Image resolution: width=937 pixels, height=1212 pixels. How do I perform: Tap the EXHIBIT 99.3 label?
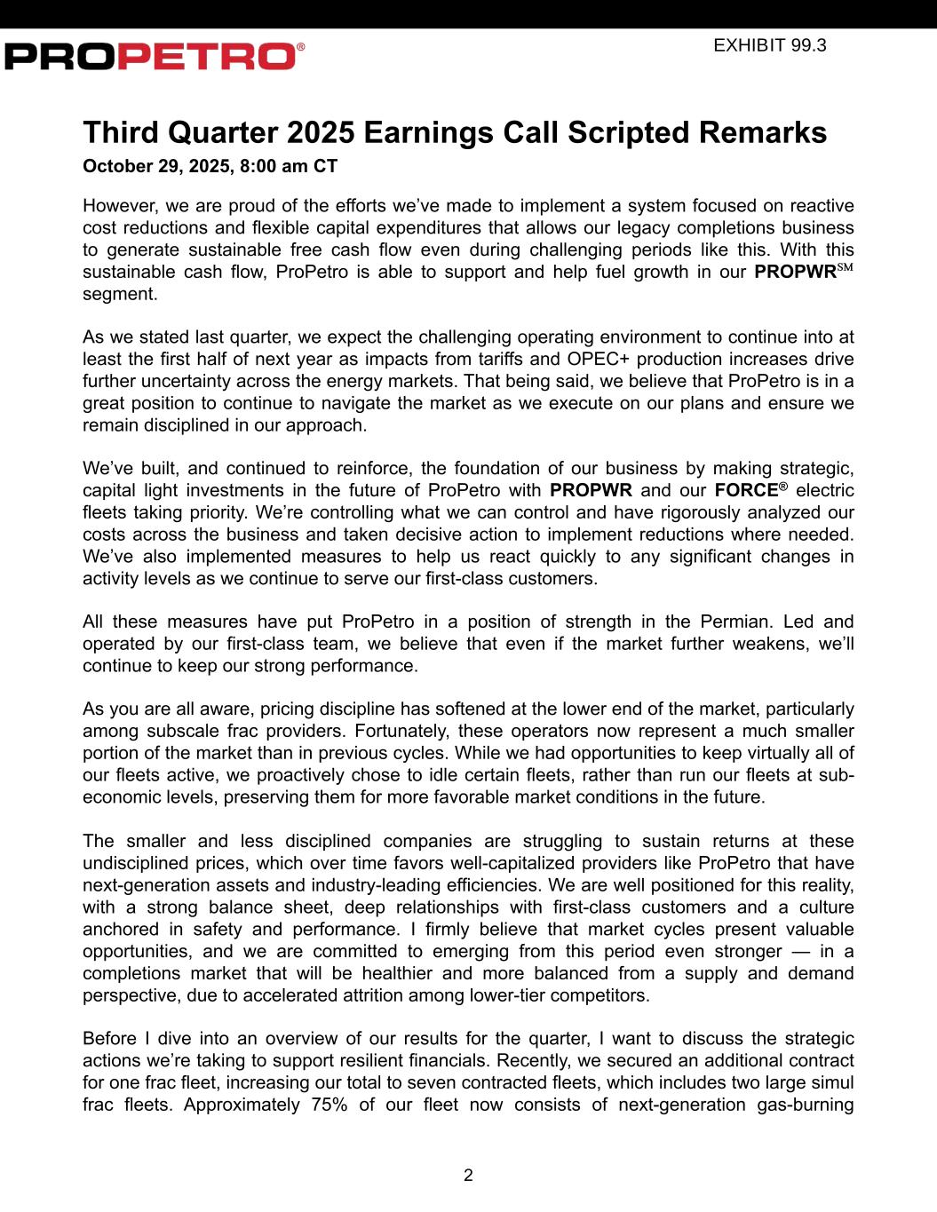click(769, 45)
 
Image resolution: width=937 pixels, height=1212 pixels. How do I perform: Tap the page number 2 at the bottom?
click(468, 1176)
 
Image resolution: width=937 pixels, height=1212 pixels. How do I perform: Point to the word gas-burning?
click(806, 1105)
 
